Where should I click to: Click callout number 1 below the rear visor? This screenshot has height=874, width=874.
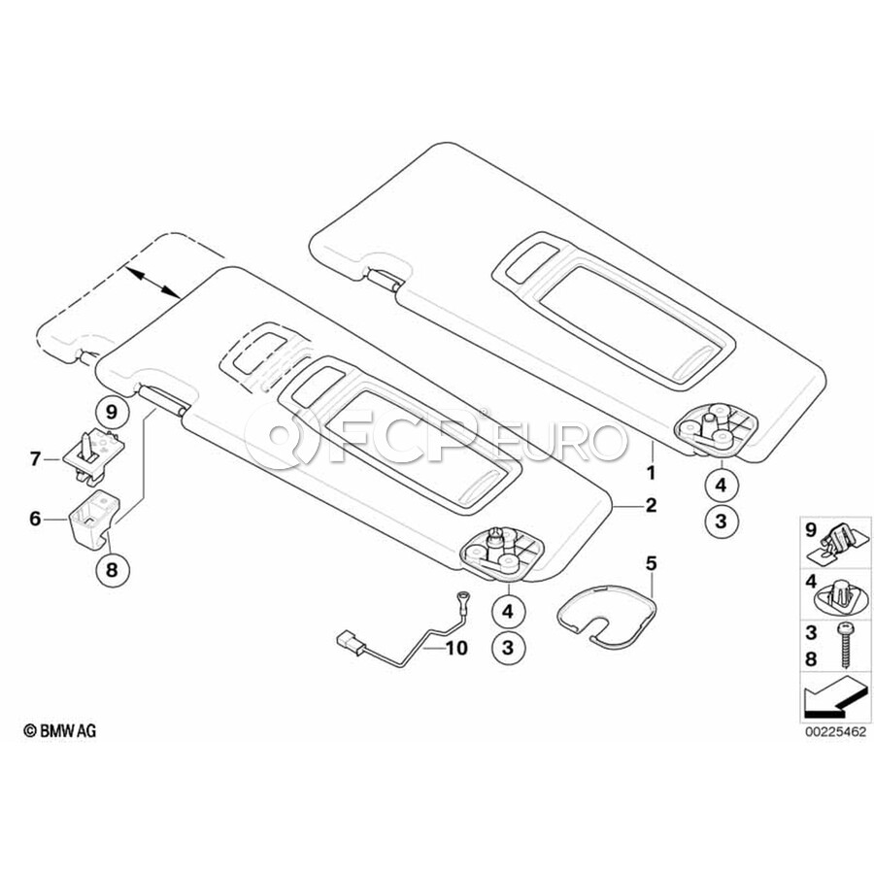pyautogui.click(x=651, y=473)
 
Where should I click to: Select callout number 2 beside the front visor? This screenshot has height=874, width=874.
pyautogui.click(x=651, y=505)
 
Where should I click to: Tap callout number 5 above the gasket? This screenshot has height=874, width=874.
pyautogui.click(x=651, y=563)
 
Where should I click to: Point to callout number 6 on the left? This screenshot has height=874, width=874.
pyautogui.click(x=35, y=520)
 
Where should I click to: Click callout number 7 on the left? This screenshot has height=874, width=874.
pyautogui.click(x=35, y=459)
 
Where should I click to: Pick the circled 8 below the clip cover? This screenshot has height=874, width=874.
pyautogui.click(x=112, y=569)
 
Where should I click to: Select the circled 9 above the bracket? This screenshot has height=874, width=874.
pyautogui.click(x=112, y=412)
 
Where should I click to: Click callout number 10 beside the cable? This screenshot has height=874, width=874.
pyautogui.click(x=455, y=649)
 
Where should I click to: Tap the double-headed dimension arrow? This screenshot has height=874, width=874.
pyautogui.click(x=152, y=283)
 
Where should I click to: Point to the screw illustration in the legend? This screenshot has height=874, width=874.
pyautogui.click(x=844, y=646)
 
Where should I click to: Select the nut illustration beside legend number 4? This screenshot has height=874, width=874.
pyautogui.click(x=842, y=594)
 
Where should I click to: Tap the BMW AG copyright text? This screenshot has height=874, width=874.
pyautogui.click(x=60, y=730)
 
